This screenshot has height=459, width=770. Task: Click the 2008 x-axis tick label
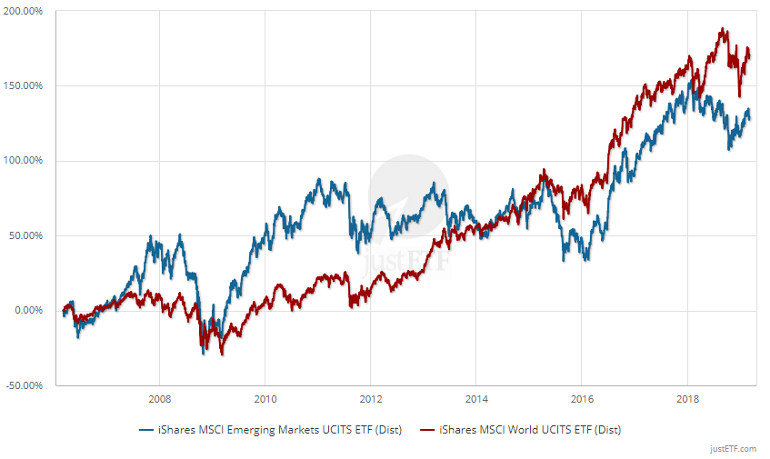point(159,398)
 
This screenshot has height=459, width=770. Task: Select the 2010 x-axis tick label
point(265,398)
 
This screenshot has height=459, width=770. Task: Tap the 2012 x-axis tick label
point(370,398)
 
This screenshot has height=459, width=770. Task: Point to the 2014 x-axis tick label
point(476,398)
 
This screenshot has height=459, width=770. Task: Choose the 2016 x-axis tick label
point(582,398)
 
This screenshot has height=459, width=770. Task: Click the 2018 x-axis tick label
point(687,398)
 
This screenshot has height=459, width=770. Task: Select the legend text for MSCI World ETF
point(529,429)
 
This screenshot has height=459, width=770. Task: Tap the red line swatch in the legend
point(425,429)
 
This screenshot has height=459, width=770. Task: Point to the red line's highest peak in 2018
point(723,29)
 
